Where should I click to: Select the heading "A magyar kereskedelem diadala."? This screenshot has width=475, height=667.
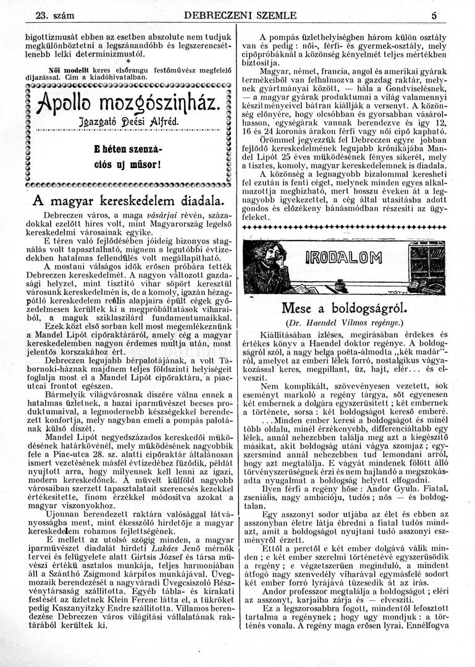[x=127, y=202]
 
